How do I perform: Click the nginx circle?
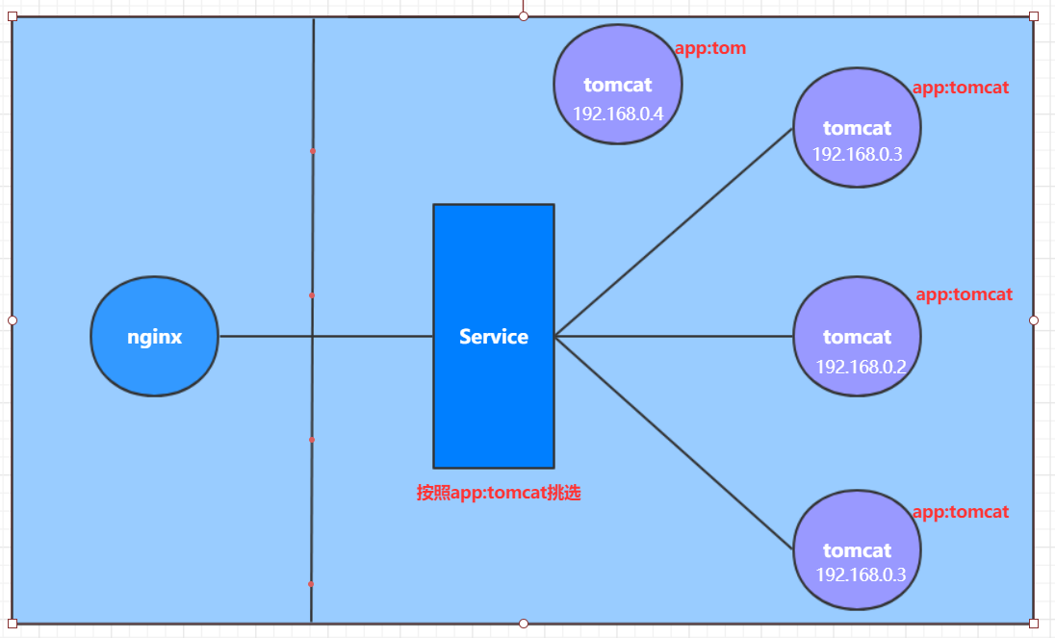pyautogui.click(x=154, y=337)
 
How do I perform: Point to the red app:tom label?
pyautogui.click(x=710, y=48)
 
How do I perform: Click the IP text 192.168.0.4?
pyautogui.click(x=618, y=114)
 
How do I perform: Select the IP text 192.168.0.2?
pyautogui.click(x=861, y=367)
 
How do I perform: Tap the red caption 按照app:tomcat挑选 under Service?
pyautogui.click(x=498, y=493)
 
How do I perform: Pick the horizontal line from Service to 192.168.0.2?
pyautogui.click(x=674, y=337)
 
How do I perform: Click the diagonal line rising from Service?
pyautogui.click(x=674, y=232)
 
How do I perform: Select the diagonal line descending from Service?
pyautogui.click(x=674, y=443)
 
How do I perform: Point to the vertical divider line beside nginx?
pyautogui.click(x=313, y=221)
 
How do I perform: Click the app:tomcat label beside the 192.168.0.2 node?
pyautogui.click(x=964, y=294)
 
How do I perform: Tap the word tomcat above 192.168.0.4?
pyautogui.click(x=617, y=85)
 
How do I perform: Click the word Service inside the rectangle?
pyautogui.click(x=494, y=337)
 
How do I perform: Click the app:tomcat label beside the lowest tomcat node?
pyautogui.click(x=960, y=513)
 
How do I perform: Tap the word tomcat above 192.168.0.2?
pyautogui.click(x=857, y=337)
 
